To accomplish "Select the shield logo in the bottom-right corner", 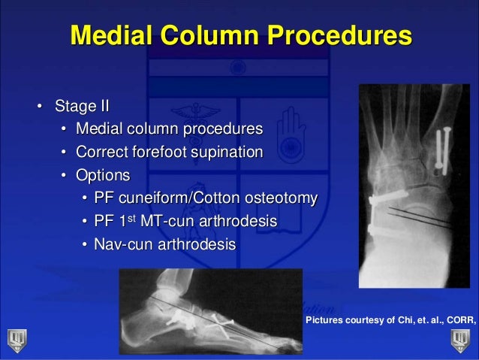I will pyautogui.click(x=460, y=340).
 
